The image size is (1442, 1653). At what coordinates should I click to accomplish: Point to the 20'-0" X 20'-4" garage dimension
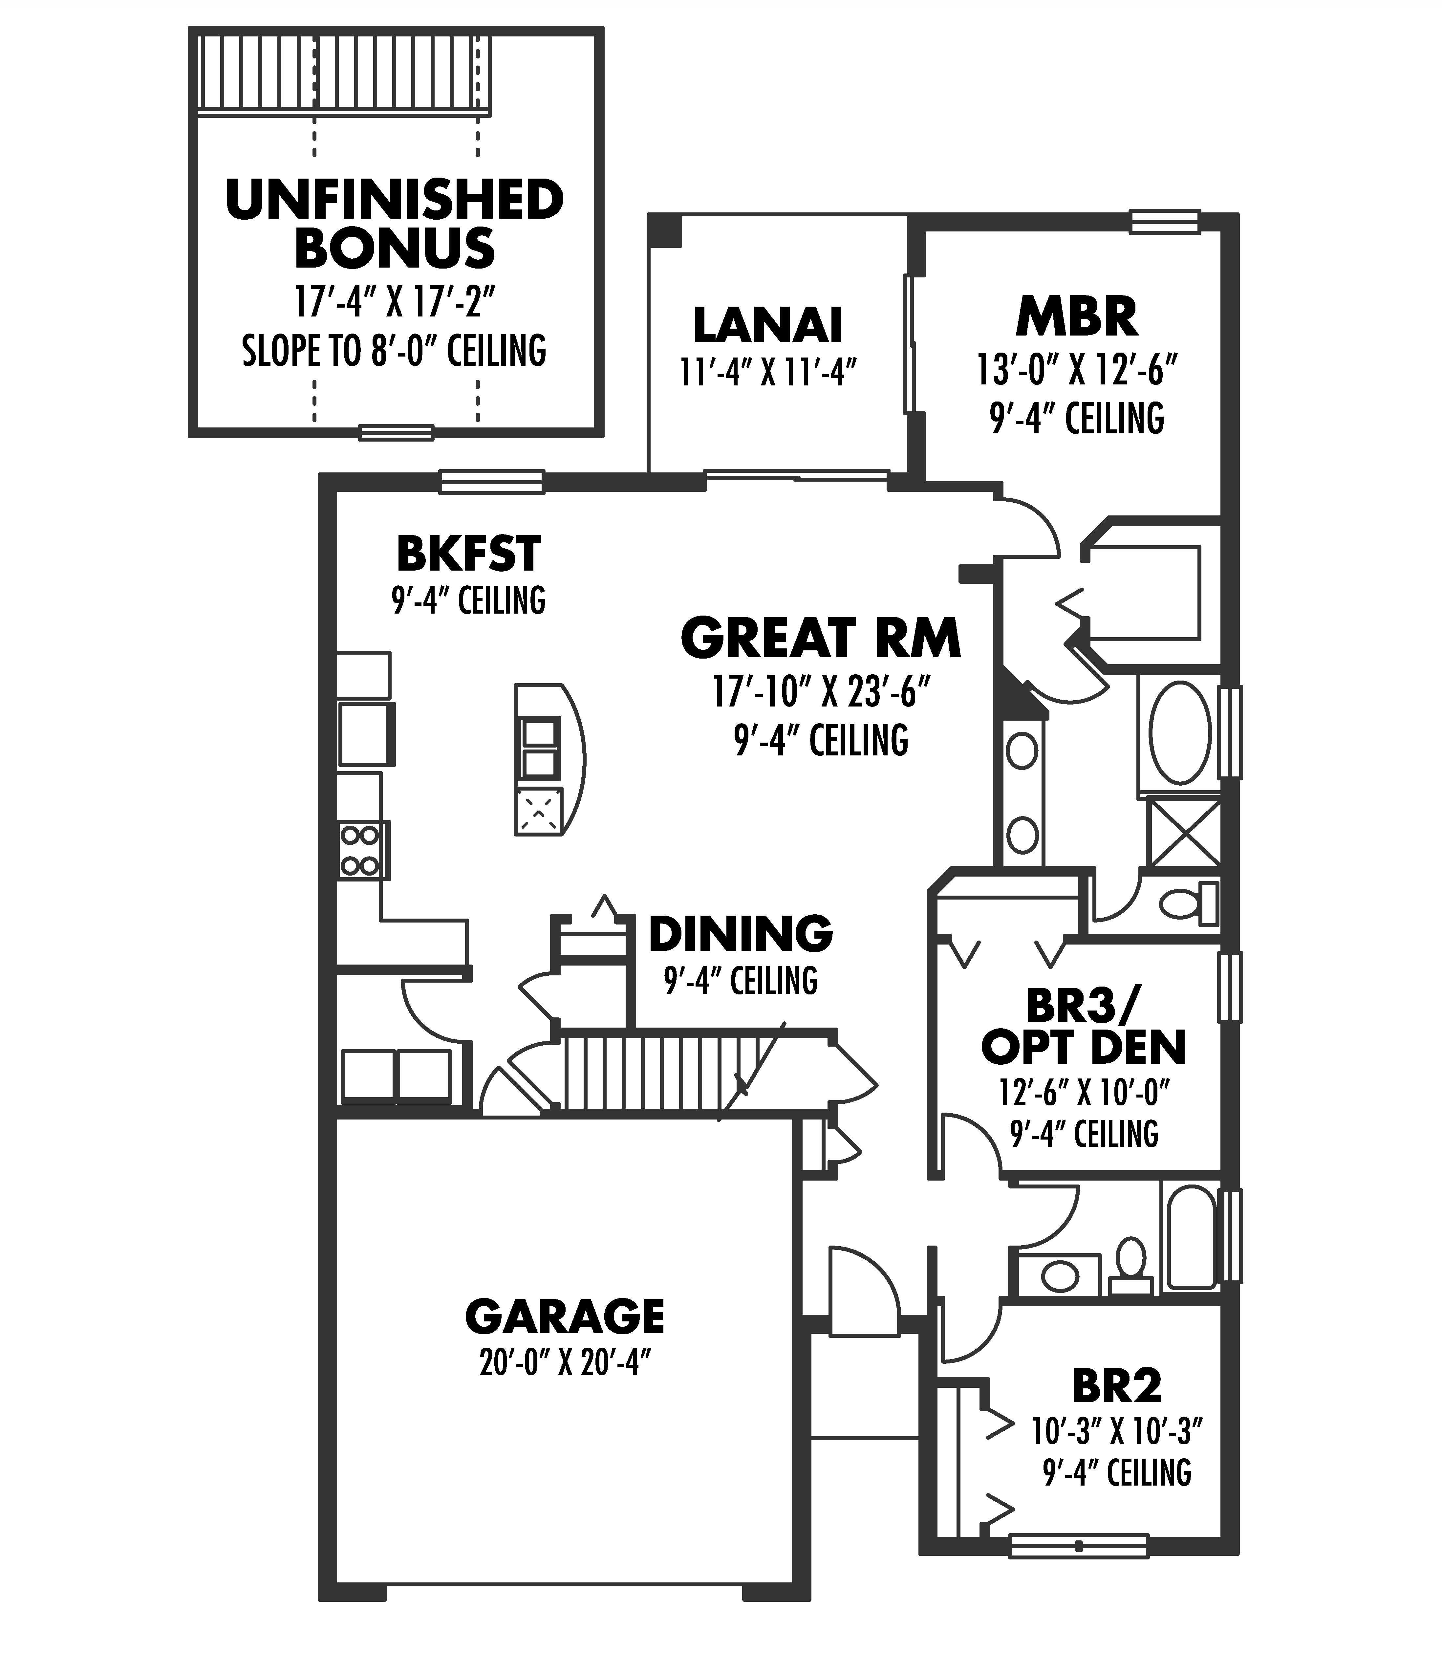(565, 1363)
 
